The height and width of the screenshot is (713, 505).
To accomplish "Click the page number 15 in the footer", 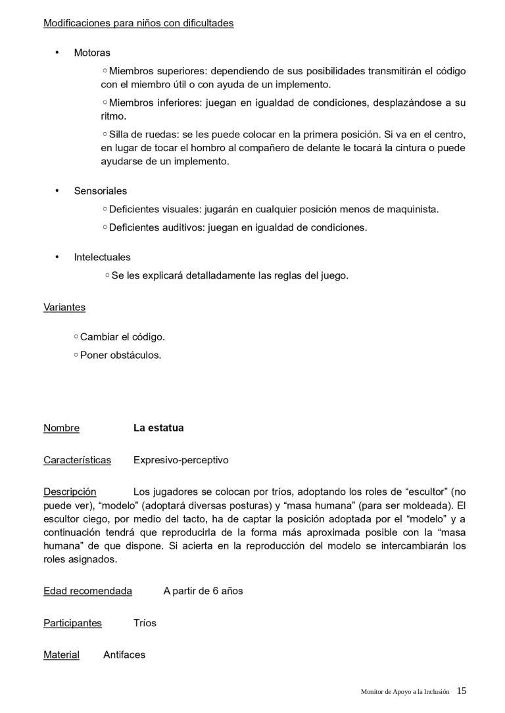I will tap(462, 691).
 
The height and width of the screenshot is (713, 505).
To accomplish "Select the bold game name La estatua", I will tap(158, 428).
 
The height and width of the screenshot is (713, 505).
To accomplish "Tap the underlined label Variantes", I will tap(64, 307).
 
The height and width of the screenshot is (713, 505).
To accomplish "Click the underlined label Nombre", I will tap(61, 428).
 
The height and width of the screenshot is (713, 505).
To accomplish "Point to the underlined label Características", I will tap(77, 460).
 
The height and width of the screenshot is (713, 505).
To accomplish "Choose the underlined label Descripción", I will tap(70, 492).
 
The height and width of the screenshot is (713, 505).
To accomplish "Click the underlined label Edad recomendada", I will tap(87, 591).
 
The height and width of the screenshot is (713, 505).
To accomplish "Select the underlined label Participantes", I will tap(72, 622).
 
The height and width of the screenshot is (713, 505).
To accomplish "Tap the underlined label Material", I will tap(61, 655).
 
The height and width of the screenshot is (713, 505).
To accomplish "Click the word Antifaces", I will tap(124, 655).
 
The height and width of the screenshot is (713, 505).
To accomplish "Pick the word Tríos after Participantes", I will tap(145, 622).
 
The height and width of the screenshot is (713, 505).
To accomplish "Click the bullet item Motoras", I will tap(92, 53).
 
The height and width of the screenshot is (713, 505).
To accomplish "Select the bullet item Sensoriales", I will tap(100, 191).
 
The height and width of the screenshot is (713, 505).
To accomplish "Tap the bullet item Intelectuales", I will tap(102, 258).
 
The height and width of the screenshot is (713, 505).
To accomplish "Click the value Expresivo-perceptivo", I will tap(181, 460).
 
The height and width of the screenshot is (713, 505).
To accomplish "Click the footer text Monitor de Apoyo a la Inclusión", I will tap(405, 691).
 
